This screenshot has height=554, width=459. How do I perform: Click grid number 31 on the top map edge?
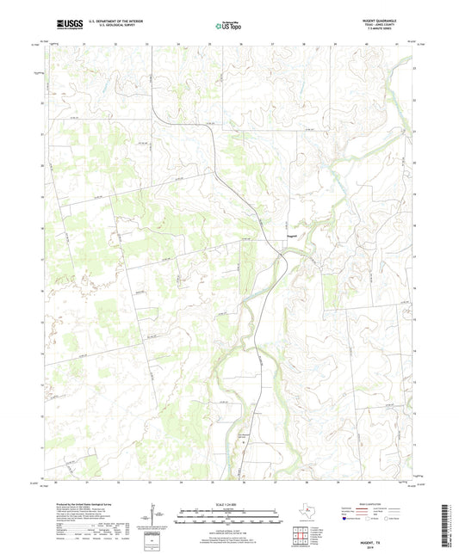click(x=84, y=42)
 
